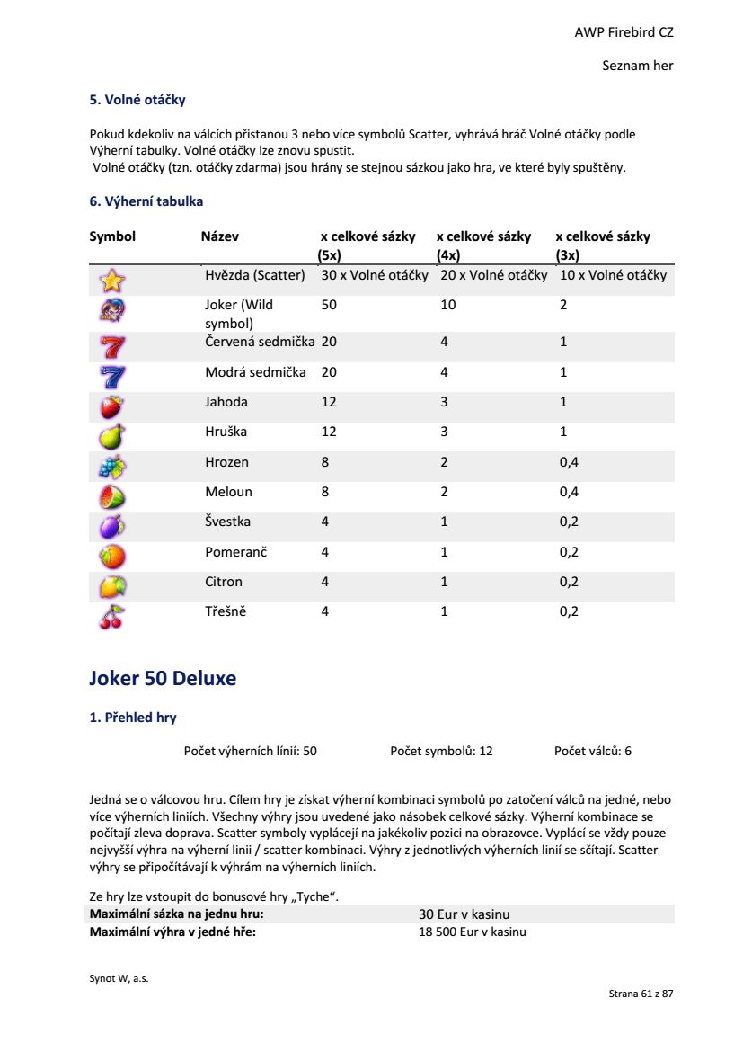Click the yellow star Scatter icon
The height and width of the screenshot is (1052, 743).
click(112, 281)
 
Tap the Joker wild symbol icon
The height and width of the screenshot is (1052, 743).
click(112, 311)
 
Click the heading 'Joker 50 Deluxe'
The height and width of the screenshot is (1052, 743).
click(163, 678)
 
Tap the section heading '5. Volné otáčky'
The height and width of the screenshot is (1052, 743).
click(137, 100)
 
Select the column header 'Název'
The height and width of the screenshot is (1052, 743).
click(220, 236)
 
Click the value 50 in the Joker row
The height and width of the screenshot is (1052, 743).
click(329, 305)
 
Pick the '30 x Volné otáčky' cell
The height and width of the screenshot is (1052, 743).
click(375, 275)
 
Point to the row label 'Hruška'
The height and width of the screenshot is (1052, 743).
click(226, 432)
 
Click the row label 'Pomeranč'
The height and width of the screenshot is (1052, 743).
click(235, 552)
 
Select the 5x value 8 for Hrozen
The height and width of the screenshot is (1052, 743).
click(325, 462)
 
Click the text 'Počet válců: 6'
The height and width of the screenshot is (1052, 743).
click(592, 751)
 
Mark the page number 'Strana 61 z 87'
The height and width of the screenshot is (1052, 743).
click(641, 994)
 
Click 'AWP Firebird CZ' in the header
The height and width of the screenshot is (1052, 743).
click(624, 32)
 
